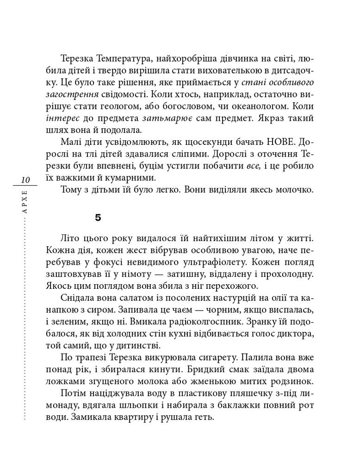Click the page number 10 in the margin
[x=25, y=180]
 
